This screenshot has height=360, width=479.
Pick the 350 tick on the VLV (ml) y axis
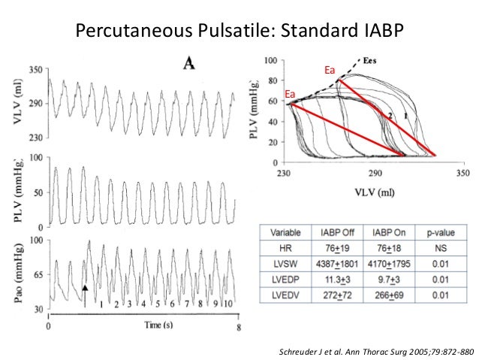click(x=35, y=69)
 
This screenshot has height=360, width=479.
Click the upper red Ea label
click(x=328, y=70)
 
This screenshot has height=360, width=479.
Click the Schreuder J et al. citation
click(x=375, y=351)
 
